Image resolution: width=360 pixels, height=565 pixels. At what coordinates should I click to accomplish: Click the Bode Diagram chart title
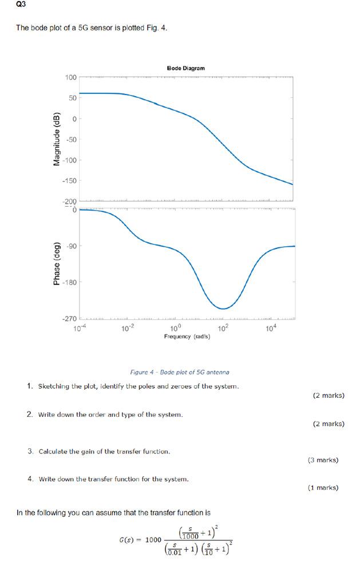coord(185,68)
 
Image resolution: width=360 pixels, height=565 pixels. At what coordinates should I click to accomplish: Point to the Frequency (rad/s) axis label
coord(187,337)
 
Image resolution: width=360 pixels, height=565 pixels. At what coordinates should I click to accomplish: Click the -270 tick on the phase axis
coord(69,318)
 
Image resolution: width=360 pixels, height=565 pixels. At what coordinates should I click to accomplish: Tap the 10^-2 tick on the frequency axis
coord(128,328)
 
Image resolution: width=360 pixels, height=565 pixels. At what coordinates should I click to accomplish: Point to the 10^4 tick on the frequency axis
coord(271,328)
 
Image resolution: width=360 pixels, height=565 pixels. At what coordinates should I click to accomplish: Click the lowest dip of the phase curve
coord(223,309)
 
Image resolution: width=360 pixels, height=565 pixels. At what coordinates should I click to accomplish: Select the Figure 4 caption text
coord(180,372)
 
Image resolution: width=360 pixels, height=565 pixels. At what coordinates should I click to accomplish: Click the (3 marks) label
coord(323,460)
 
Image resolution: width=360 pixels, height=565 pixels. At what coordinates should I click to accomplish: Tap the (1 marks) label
coord(323,488)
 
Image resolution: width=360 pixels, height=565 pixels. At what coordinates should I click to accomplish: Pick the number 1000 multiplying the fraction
coord(153,540)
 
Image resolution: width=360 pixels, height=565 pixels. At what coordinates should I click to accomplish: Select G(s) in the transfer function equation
coord(129,540)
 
